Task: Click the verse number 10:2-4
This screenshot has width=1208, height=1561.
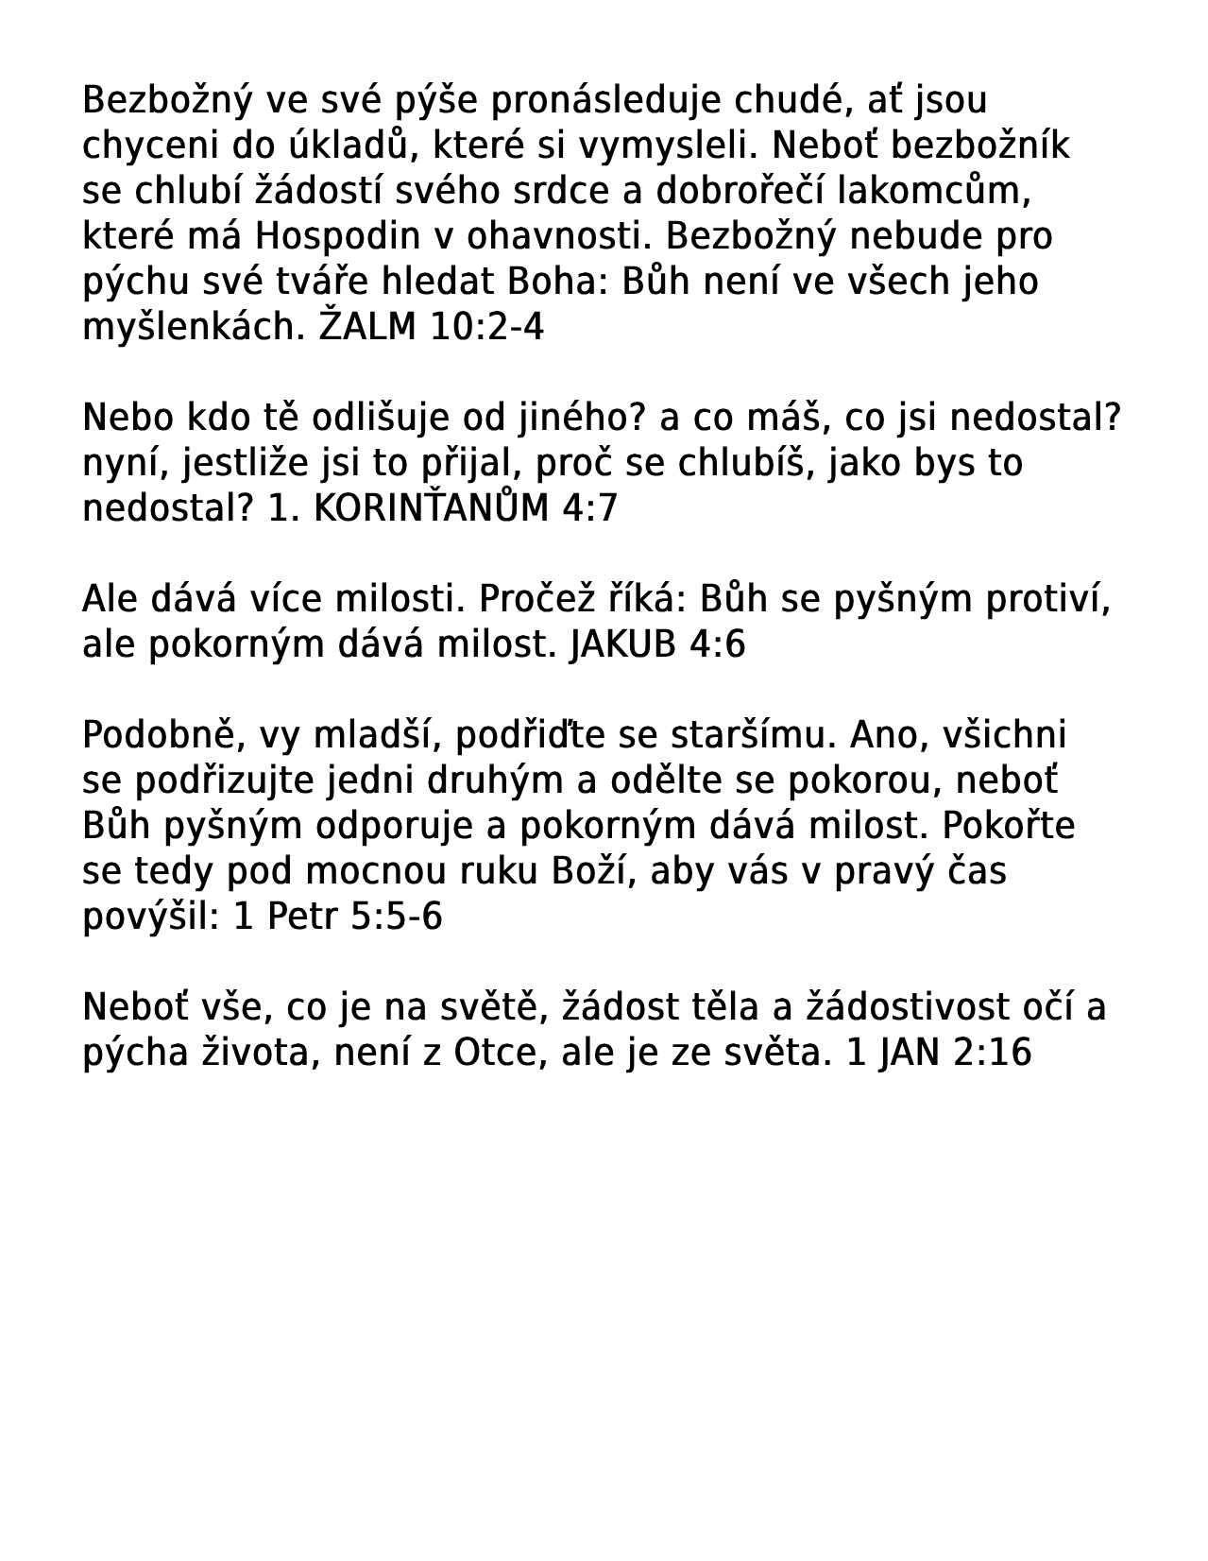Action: (487, 327)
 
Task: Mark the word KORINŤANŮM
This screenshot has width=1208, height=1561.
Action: (431, 508)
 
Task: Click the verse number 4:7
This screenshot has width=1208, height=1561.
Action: (589, 508)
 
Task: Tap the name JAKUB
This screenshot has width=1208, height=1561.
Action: (623, 644)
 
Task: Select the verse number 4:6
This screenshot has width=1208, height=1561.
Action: (717, 644)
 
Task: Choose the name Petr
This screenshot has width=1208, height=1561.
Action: (301, 917)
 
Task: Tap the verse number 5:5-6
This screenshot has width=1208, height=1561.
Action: (396, 917)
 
